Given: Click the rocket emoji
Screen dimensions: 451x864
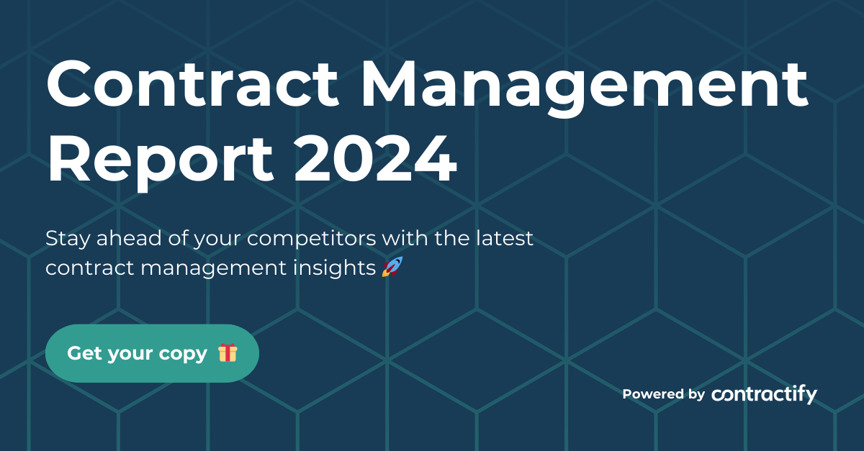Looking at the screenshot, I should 392,268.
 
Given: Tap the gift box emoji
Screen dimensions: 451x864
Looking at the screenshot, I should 228,353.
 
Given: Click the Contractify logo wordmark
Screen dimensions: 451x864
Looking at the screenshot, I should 764,394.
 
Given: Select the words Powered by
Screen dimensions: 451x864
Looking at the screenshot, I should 663,394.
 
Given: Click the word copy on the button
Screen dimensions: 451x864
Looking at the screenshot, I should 183,354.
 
